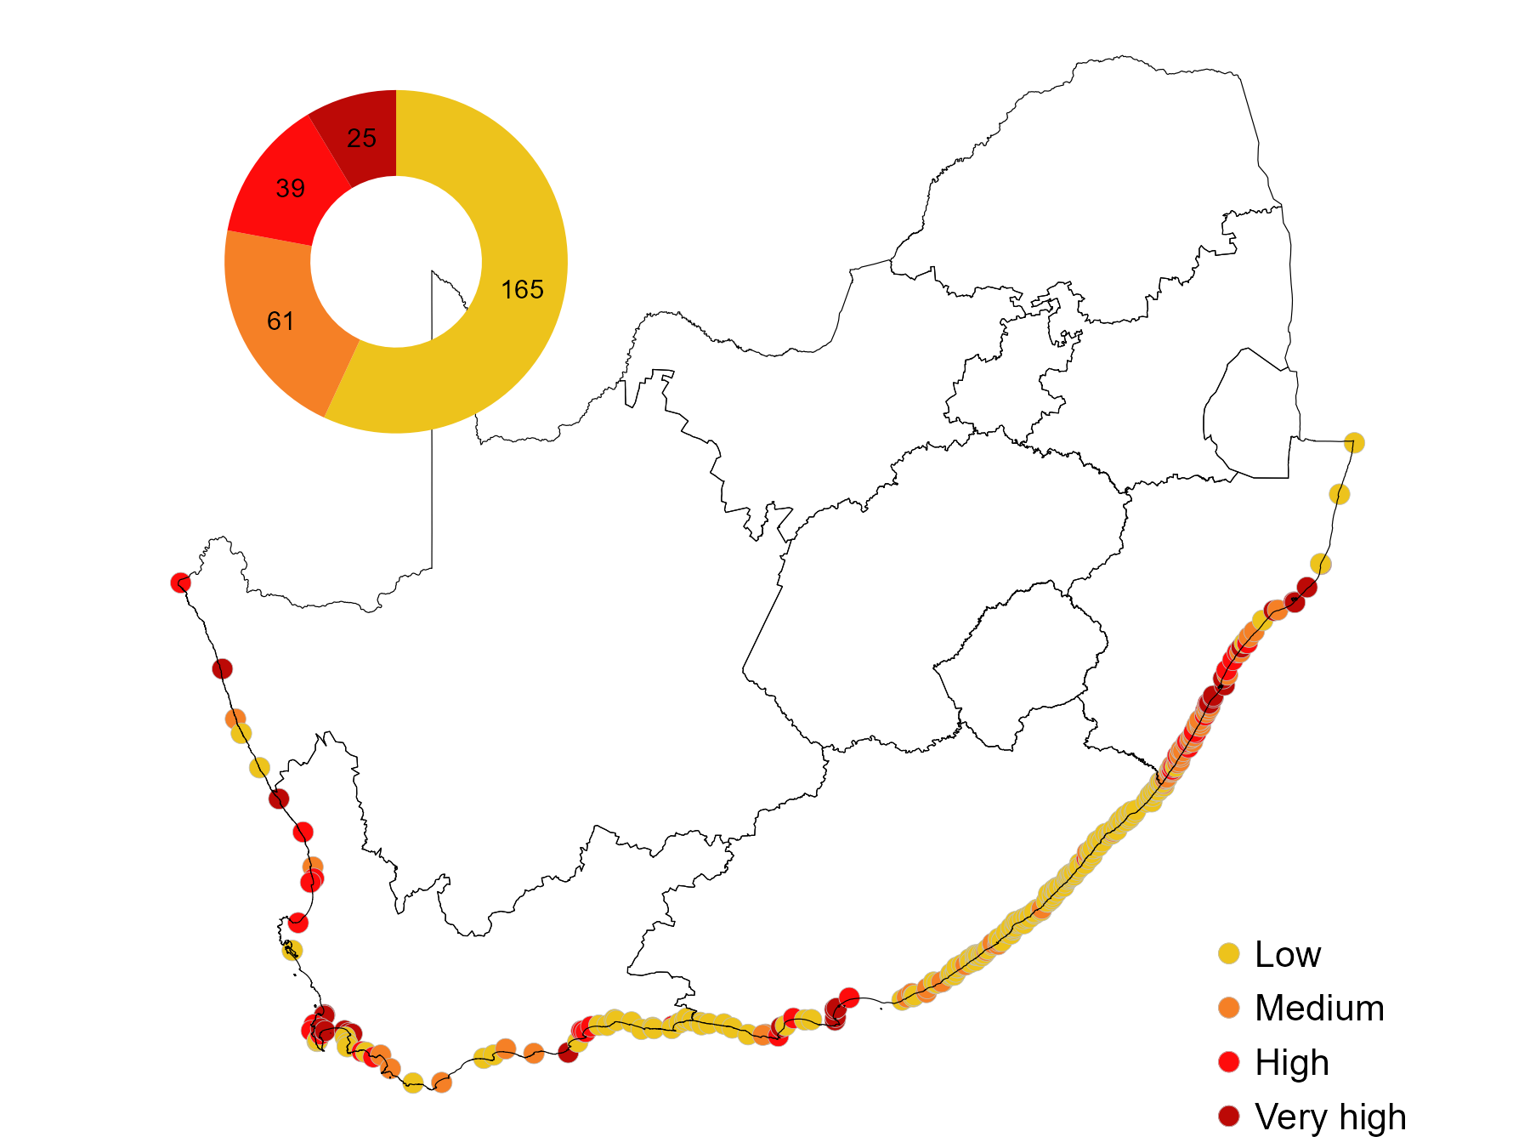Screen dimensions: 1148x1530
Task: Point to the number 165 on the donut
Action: [x=522, y=290]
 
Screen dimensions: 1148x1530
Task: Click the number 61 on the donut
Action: [x=280, y=321]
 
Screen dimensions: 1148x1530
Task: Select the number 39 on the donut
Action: [x=291, y=188]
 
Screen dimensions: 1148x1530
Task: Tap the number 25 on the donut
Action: [x=362, y=138]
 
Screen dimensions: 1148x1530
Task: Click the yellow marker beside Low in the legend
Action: [x=1228, y=953]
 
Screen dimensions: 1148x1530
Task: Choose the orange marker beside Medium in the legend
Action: [x=1228, y=1008]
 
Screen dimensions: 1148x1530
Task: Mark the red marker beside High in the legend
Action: [x=1228, y=1061]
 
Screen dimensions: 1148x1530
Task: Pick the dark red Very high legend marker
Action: [x=1228, y=1116]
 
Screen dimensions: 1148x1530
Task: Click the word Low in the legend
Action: [x=1288, y=954]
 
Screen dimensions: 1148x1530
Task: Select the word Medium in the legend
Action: [x=1319, y=1009]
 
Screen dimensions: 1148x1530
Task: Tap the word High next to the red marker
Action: [x=1292, y=1063]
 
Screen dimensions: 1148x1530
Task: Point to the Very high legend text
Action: [x=1330, y=1117]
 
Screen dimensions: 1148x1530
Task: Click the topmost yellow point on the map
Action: [x=1354, y=443]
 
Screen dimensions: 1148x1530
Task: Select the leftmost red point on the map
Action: [x=180, y=583]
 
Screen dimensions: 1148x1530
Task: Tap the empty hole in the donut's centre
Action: [x=396, y=261]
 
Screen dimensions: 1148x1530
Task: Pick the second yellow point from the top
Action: [x=1339, y=494]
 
